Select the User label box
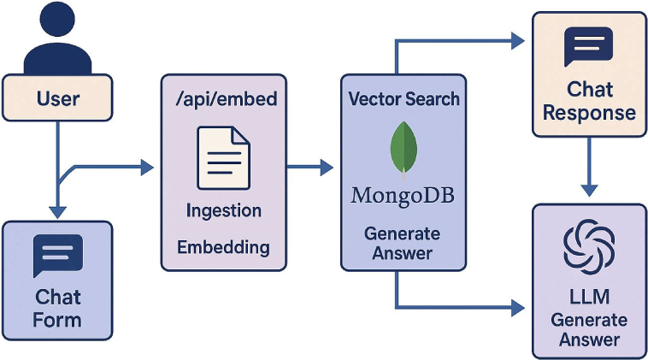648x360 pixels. click(x=57, y=97)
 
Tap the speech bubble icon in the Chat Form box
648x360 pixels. click(x=57, y=256)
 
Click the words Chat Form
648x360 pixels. click(x=57, y=309)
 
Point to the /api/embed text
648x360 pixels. click(x=224, y=99)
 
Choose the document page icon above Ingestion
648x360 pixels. click(x=223, y=157)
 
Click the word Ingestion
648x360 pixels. click(x=223, y=210)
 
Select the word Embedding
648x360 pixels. click(x=223, y=248)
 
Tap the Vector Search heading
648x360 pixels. click(x=404, y=98)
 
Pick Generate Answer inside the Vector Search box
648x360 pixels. click(x=403, y=243)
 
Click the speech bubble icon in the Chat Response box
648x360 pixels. click(x=588, y=46)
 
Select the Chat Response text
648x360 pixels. click(x=589, y=100)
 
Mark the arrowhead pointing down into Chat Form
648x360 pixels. click(x=57, y=211)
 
